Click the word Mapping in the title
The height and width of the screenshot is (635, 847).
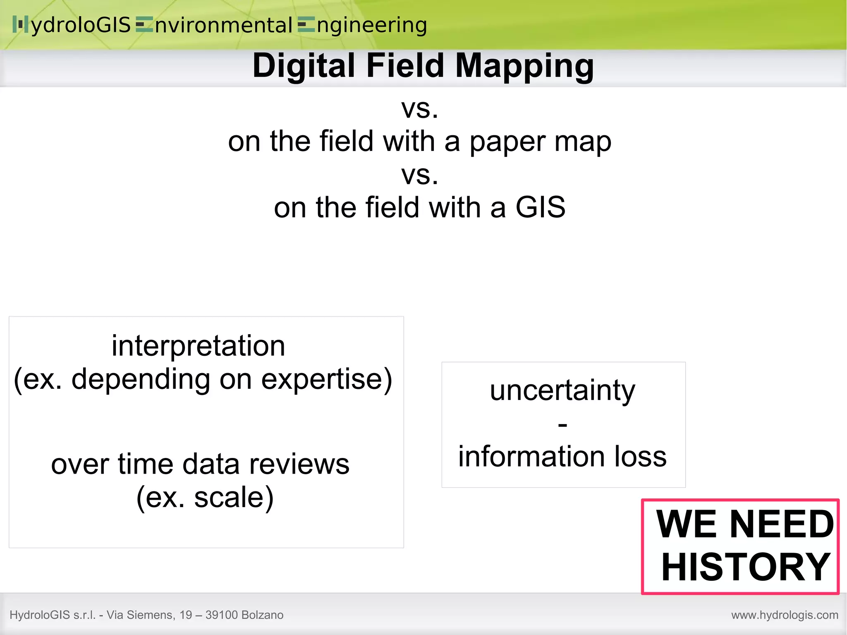tap(524, 66)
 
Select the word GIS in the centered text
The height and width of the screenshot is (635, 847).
tap(540, 207)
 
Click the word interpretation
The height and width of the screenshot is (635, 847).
tap(198, 346)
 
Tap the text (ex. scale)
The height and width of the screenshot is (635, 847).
tap(205, 497)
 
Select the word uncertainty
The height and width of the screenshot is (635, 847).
tap(562, 391)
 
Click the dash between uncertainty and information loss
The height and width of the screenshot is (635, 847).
tap(562, 424)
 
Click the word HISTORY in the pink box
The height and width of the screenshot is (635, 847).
tap(745, 567)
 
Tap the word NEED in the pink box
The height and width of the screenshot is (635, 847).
tap(782, 525)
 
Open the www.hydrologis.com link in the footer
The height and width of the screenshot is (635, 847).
tap(785, 615)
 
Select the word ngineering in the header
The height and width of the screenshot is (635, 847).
tap(371, 26)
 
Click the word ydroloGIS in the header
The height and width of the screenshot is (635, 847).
tap(81, 26)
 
